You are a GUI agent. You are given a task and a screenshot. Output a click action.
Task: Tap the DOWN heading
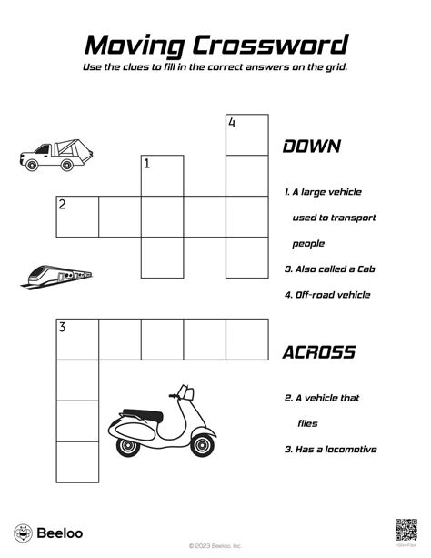[x=311, y=147]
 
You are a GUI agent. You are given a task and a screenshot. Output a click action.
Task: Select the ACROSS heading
[x=319, y=352]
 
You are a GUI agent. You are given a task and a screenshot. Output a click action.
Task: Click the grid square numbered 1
[x=162, y=176]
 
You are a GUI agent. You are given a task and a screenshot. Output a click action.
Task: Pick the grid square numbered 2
[x=76, y=217]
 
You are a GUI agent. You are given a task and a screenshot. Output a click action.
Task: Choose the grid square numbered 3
[x=76, y=340]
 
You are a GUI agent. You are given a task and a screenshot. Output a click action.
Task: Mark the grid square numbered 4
[x=247, y=135]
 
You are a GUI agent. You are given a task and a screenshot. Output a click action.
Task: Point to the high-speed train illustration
[x=56, y=275]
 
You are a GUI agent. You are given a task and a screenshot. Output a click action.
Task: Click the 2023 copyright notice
[x=215, y=546]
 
